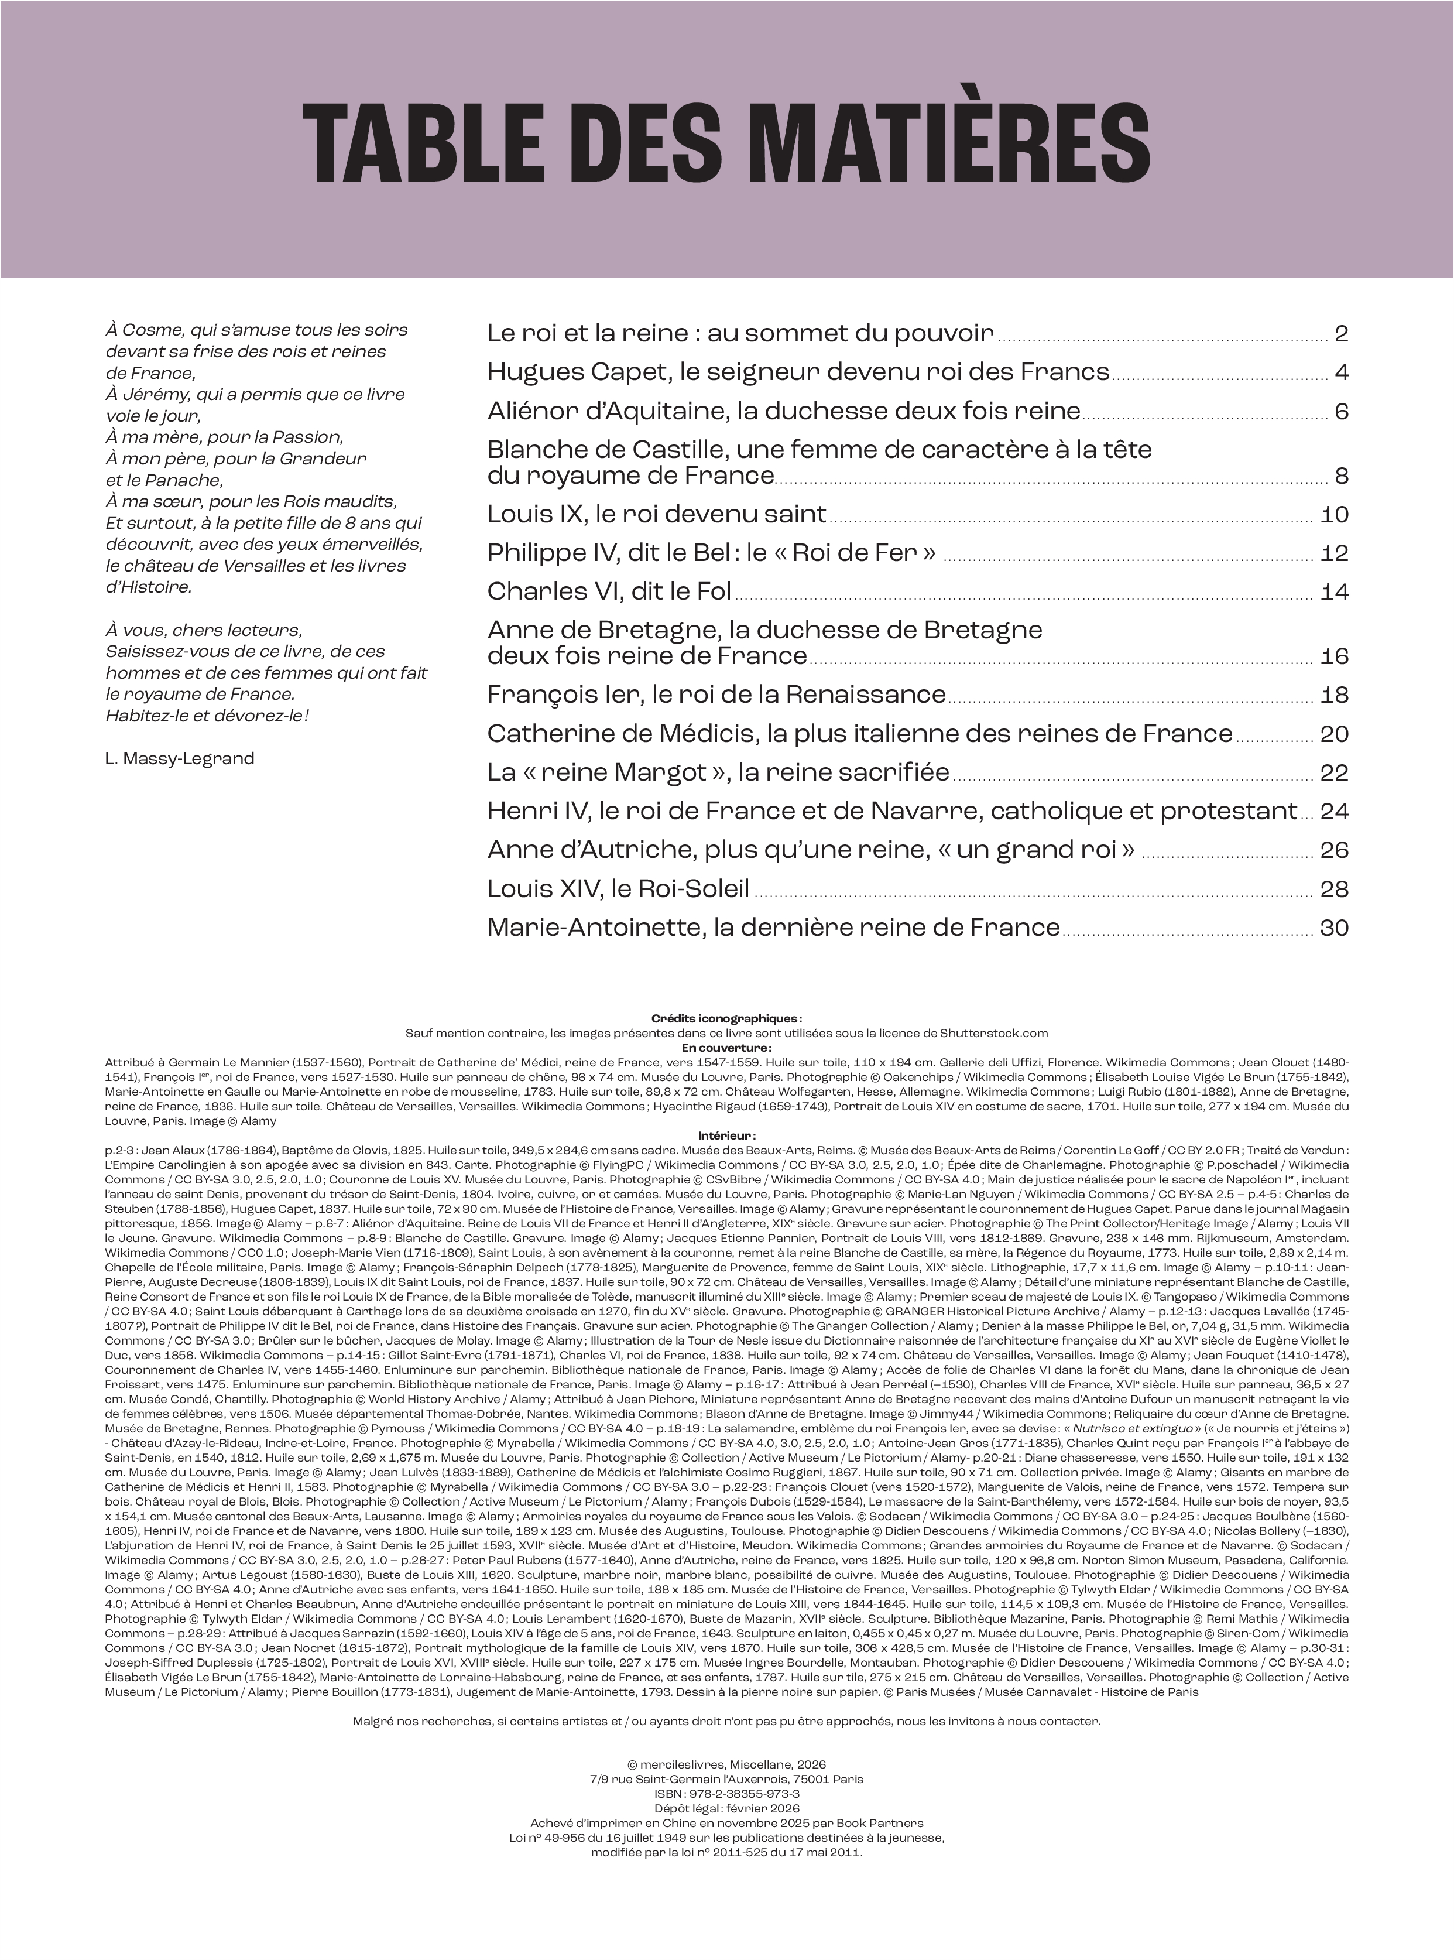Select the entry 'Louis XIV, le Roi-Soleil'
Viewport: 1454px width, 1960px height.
pyautogui.click(x=618, y=890)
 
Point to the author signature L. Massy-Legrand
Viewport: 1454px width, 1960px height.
pyautogui.click(x=180, y=758)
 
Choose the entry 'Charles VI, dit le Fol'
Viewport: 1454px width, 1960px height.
pyautogui.click(x=609, y=591)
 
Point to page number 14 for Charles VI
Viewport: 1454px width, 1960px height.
pyautogui.click(x=1335, y=591)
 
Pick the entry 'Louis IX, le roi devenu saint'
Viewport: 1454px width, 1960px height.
pyautogui.click(x=657, y=514)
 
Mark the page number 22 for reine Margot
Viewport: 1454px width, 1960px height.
pyautogui.click(x=1335, y=773)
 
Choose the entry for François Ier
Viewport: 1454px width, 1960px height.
pyautogui.click(x=715, y=696)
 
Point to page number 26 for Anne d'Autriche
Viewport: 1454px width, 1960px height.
pyautogui.click(x=1335, y=850)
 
